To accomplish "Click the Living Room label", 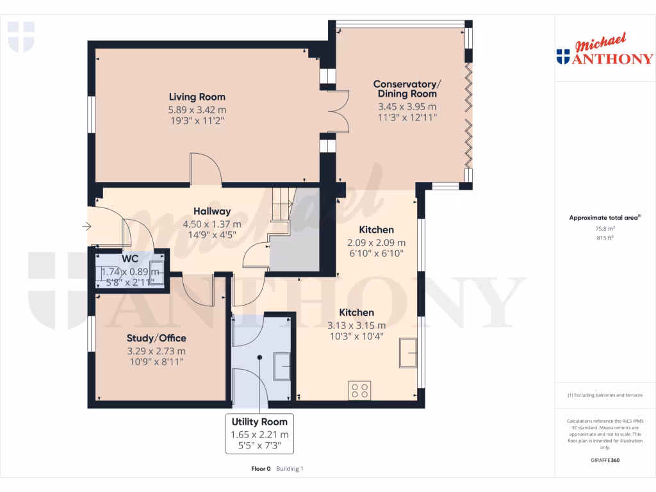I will [197, 97].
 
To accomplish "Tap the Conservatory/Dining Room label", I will [407, 89].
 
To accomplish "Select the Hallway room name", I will [211, 211].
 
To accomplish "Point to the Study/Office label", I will [156, 338].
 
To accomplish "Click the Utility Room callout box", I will [259, 434].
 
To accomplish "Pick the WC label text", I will [130, 259].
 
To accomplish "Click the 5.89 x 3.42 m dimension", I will [197, 109].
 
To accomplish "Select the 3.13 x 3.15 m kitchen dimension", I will [357, 325].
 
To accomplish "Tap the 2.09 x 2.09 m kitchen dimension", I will [376, 243].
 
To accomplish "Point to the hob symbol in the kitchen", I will [359, 390].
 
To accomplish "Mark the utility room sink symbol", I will [283, 366].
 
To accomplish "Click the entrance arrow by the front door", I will [87, 225].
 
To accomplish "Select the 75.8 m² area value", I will [605, 228].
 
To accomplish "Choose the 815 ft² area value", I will [605, 238].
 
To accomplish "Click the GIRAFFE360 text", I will [605, 460].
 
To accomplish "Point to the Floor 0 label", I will [261, 469].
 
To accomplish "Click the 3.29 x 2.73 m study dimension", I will [156, 350].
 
